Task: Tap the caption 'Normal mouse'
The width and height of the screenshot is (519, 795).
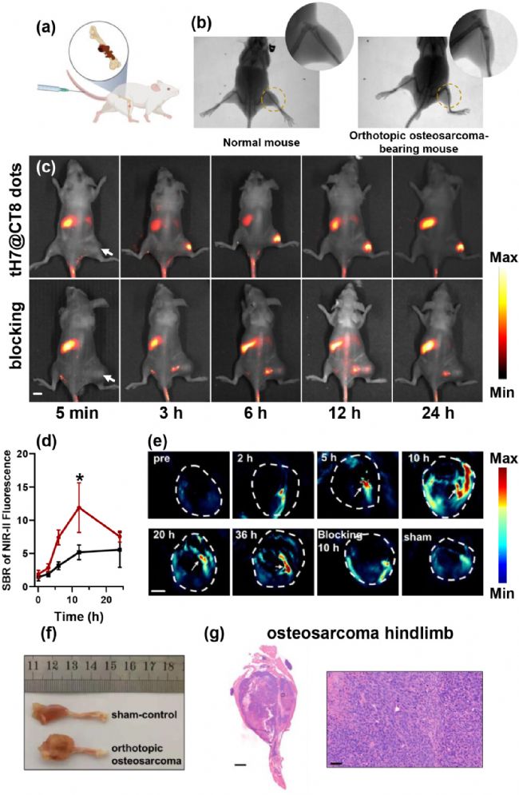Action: [256, 147]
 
